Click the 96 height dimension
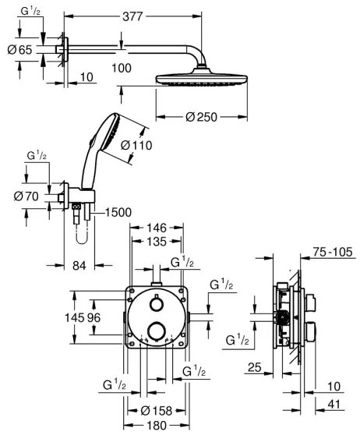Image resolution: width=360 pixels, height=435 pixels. (94, 318)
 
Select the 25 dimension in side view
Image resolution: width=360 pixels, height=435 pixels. (253, 366)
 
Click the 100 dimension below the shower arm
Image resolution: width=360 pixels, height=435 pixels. (120, 69)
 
